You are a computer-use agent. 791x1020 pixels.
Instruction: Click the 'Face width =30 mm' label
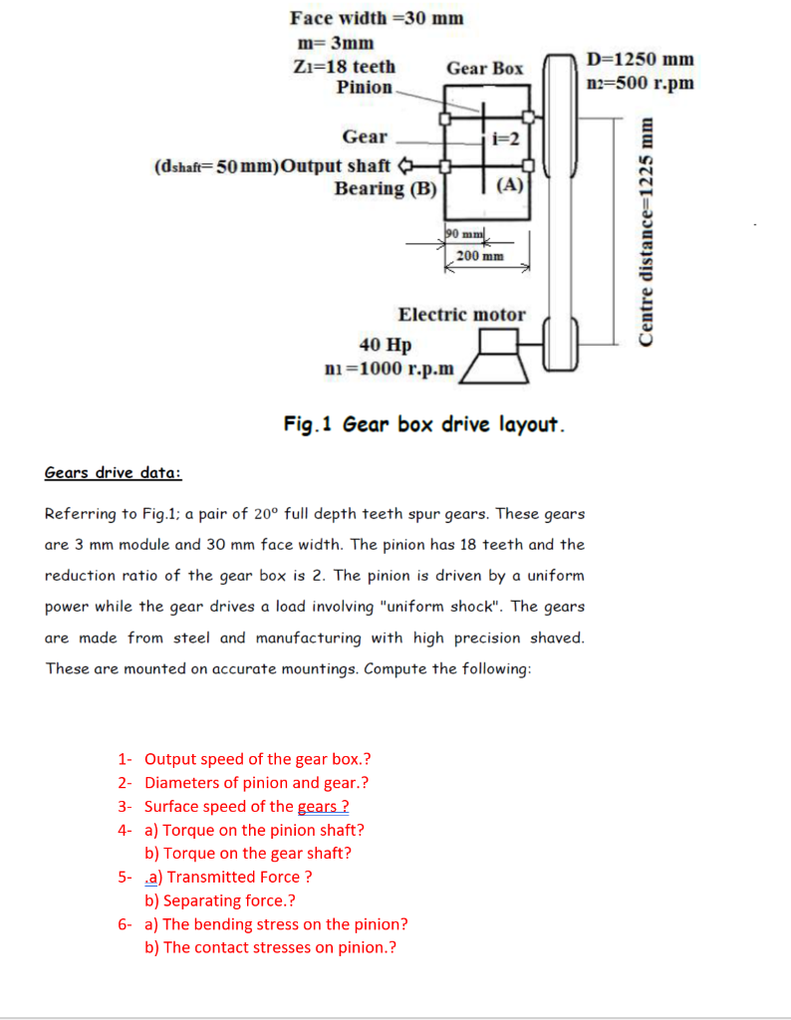pyautogui.click(x=377, y=18)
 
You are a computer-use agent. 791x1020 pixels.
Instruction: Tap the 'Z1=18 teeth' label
pyautogui.click(x=345, y=67)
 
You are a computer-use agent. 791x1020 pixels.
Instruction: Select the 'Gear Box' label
pyautogui.click(x=484, y=69)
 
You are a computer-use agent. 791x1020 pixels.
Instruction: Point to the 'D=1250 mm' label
pyautogui.click(x=641, y=60)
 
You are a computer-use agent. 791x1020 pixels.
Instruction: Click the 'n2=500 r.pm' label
pyautogui.click(x=641, y=82)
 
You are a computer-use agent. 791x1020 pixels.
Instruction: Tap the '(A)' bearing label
pyautogui.click(x=509, y=184)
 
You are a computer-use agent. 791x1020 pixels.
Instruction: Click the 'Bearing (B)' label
pyautogui.click(x=386, y=188)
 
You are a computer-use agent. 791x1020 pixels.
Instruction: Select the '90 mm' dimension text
pyautogui.click(x=463, y=233)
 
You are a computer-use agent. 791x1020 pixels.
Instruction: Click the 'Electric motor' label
pyautogui.click(x=461, y=315)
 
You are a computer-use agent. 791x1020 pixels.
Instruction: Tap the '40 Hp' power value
pyautogui.click(x=386, y=346)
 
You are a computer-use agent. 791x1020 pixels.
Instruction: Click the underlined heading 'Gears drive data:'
pyautogui.click(x=113, y=472)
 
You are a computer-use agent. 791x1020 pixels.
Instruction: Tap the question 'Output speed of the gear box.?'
pyautogui.click(x=258, y=759)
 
